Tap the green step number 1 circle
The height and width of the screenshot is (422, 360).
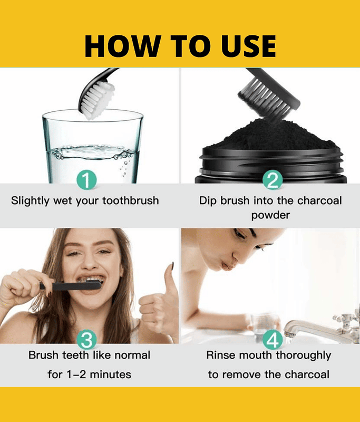(86, 179)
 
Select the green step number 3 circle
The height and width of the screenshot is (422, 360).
(86, 340)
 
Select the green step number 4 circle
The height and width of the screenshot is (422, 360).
(273, 340)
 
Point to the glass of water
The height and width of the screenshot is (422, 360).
(92, 146)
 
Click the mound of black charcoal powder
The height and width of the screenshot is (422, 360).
(271, 135)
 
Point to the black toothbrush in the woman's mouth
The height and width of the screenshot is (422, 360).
(71, 285)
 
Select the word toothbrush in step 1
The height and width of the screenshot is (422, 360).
(131, 201)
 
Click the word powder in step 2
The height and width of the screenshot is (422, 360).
(270, 216)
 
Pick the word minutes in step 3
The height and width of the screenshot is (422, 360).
(111, 375)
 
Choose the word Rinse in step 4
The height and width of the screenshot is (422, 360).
(221, 355)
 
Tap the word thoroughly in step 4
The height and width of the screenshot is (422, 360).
(304, 356)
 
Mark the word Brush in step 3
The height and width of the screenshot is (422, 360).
(44, 355)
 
